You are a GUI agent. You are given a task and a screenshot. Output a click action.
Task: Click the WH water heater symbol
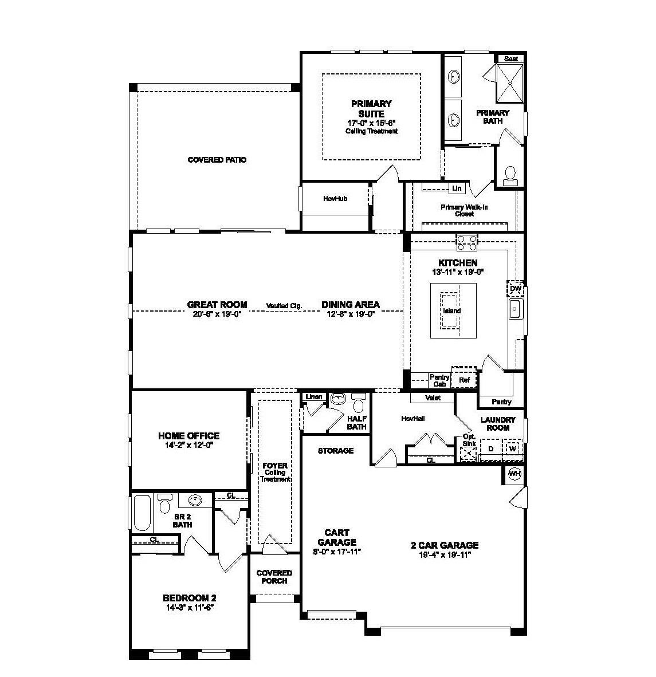pos(515,473)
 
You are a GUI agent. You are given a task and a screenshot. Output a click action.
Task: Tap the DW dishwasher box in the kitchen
pos(515,289)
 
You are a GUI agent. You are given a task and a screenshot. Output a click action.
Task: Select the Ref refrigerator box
pos(464,379)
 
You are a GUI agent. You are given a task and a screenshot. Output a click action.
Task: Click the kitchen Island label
pos(451,311)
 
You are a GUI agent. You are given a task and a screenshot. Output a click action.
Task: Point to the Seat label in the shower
pos(510,58)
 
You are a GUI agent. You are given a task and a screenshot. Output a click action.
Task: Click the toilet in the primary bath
pos(509,176)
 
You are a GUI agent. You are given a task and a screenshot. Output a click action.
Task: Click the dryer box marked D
pos(491,448)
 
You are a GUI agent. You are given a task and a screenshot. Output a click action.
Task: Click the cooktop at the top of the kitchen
pos(466,242)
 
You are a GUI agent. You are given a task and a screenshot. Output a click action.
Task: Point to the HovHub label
pos(335,199)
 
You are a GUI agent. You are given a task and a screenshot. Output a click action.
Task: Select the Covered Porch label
pos(274,577)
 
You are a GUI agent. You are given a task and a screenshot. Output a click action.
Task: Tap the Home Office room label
pos(188,436)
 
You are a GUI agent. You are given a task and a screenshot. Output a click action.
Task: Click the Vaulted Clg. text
pos(284,306)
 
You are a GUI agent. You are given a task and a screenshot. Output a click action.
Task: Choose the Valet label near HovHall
pos(433,397)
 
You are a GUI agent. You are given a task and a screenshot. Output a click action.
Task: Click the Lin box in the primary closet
pos(457,188)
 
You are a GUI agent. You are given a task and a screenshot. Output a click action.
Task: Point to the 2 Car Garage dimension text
pos(444,554)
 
